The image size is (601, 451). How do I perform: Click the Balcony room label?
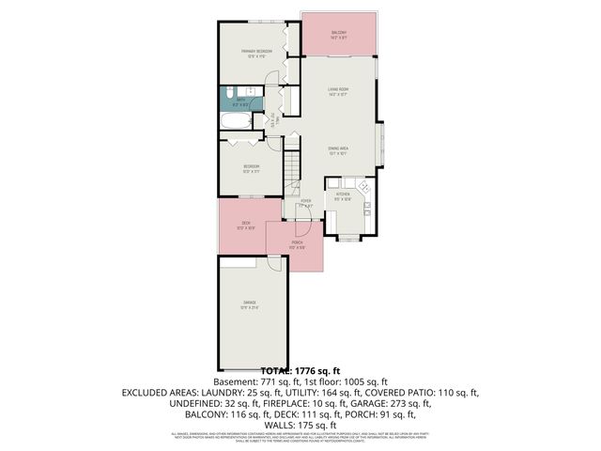coord(339,35)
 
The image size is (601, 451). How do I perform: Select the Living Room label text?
coord(339,92)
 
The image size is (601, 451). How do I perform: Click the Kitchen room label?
coord(343,196)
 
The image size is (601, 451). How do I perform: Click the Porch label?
coord(296,247)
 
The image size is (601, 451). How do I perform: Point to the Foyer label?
coord(306,203)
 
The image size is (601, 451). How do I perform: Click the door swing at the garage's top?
coord(274,264)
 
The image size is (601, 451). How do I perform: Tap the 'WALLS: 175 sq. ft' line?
coord(300,424)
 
